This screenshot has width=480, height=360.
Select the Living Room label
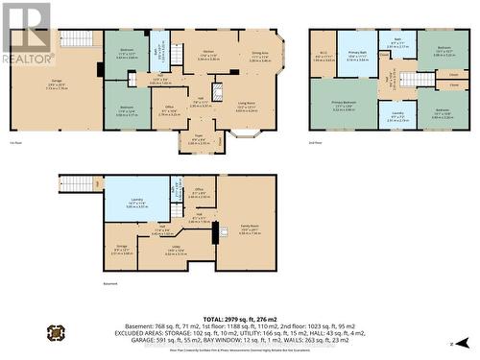tap(247, 105)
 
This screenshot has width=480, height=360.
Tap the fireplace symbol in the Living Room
tap(216, 93)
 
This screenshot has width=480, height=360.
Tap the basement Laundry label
tap(136, 203)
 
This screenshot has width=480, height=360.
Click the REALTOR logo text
tap(27, 59)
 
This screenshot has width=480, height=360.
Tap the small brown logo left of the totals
tap(57, 333)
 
